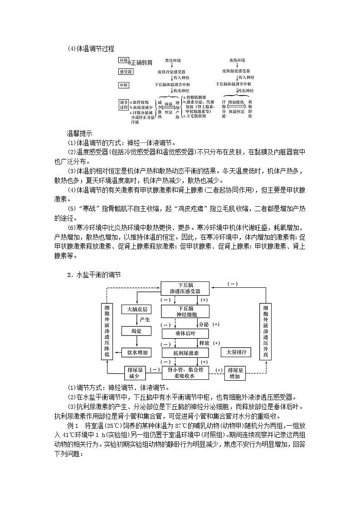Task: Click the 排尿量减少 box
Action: pyautogui.click(x=134, y=373)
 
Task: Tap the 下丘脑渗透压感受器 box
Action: pyautogui.click(x=185, y=288)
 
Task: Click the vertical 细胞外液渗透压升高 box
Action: pyautogui.click(x=266, y=332)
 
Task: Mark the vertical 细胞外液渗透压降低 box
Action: pyautogui.click(x=107, y=332)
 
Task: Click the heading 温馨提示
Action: pyautogui.click(x=79, y=133)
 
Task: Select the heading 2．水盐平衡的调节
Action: pyautogui.click(x=94, y=275)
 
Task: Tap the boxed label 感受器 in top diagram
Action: pyautogui.click(x=126, y=72)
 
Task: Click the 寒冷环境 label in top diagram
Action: pyautogui.click(x=173, y=60)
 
